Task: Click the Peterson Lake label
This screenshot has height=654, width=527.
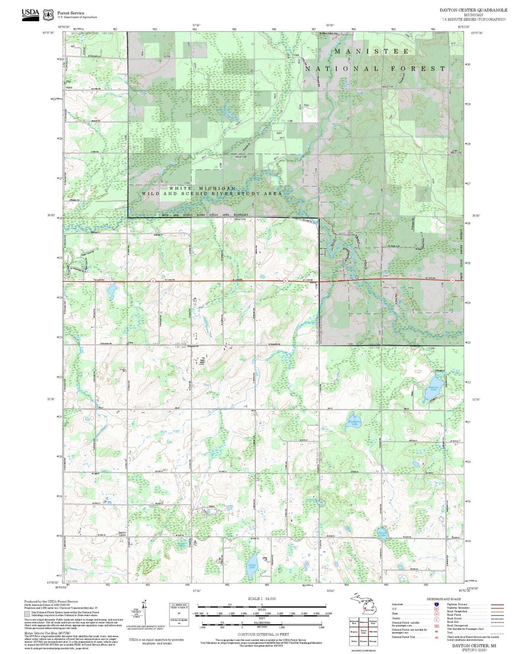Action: coord(433,388)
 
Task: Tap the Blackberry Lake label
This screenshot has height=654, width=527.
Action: coord(354,423)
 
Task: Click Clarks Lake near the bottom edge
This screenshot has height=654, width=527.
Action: coord(252,566)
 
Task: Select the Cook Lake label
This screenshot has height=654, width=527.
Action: coord(311,499)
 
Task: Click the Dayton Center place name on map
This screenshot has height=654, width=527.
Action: coord(122,533)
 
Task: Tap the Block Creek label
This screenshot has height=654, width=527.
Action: coord(170,431)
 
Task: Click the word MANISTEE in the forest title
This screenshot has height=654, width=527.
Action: coord(371,51)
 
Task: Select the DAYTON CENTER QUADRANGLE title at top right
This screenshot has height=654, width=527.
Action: coord(473,10)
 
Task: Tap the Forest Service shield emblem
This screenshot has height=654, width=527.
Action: coord(48,15)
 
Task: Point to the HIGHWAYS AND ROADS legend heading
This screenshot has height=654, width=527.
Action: coord(444,599)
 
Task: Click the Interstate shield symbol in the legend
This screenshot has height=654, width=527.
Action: coord(436,604)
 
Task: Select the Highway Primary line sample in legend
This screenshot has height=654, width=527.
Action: coord(497,604)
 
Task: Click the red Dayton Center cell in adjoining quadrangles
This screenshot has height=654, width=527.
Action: coord(364,631)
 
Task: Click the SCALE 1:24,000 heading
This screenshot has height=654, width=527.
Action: coord(262,599)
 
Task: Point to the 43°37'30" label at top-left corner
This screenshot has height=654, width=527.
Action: coord(48,33)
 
